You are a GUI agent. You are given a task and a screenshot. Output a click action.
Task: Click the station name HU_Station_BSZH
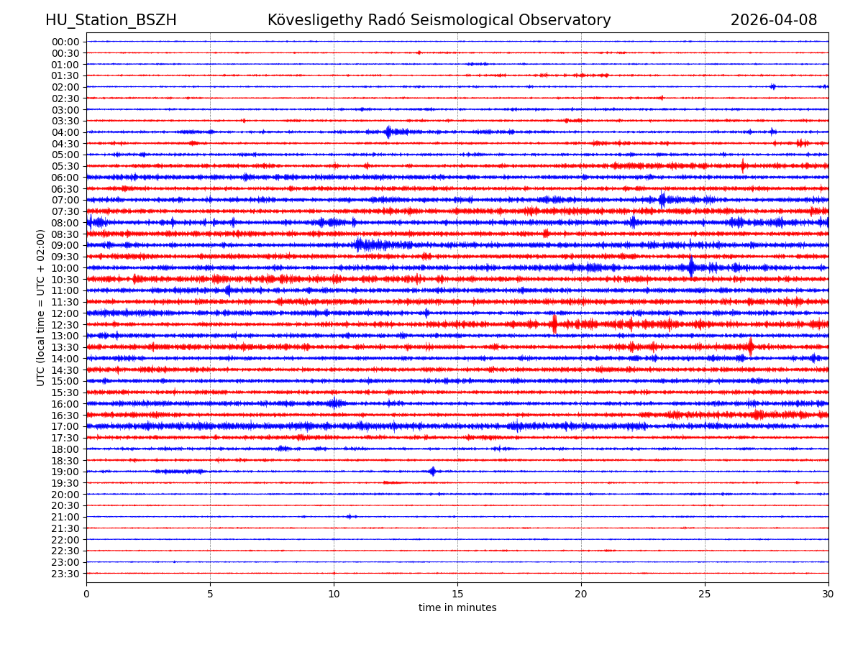[x=111, y=20]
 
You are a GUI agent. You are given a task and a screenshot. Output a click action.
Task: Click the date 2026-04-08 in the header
[x=774, y=20]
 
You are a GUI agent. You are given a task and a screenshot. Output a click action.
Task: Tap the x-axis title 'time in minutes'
[x=457, y=608]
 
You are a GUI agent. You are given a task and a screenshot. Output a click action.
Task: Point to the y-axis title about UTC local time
[x=41, y=308]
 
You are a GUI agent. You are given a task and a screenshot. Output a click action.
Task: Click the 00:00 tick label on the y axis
[x=65, y=42]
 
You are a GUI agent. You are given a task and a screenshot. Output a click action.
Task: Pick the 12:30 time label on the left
[x=65, y=325]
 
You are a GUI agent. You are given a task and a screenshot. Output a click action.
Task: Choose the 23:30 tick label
[x=65, y=574]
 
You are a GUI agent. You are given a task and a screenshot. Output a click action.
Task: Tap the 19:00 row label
[x=65, y=472]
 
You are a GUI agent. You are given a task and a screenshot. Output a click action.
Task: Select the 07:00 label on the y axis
[x=65, y=200]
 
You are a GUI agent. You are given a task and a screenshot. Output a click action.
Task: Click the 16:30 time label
[x=65, y=416]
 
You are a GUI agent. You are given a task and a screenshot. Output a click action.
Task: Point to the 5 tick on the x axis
[x=210, y=594]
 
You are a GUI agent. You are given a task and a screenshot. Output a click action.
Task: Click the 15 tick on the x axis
[x=457, y=594]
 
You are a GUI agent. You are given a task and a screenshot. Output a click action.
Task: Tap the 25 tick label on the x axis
[x=705, y=594]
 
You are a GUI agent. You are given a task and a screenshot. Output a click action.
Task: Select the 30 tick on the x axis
[x=828, y=594]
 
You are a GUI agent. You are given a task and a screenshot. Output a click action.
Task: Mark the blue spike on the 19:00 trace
[x=432, y=472]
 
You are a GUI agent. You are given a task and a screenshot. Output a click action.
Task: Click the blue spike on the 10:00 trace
[x=691, y=267]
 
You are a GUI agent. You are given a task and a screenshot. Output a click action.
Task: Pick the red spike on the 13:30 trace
[x=750, y=347]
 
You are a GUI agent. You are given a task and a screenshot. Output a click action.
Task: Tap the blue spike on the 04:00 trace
[x=388, y=132]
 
